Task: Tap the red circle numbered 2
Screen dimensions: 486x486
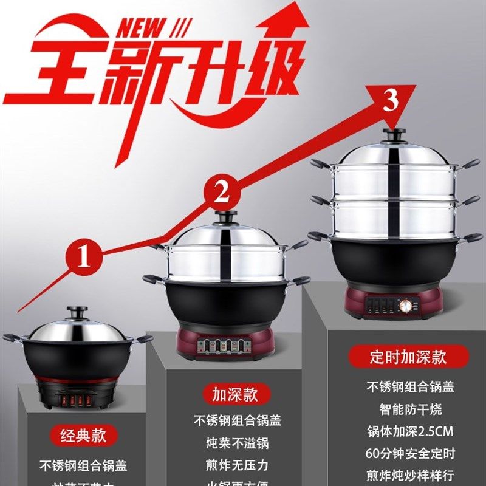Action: pyautogui.click(x=222, y=193)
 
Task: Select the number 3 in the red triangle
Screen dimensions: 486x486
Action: pyautogui.click(x=391, y=100)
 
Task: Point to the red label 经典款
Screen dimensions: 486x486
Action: pyautogui.click(x=83, y=435)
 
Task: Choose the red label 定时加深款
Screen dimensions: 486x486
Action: pyautogui.click(x=408, y=356)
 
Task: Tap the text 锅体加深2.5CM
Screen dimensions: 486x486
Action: pyautogui.click(x=410, y=432)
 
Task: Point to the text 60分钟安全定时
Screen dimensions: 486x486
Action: pyautogui.click(x=410, y=453)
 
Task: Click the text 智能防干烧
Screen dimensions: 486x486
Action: pyautogui.click(x=410, y=409)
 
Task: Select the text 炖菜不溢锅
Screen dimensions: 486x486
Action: pyautogui.click(x=238, y=443)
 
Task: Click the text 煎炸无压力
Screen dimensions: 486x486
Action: pyautogui.click(x=238, y=465)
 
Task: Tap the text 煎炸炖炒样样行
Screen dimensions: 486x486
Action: pyautogui.click(x=410, y=475)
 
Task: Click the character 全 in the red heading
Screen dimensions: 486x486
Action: pyautogui.click(x=46, y=76)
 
